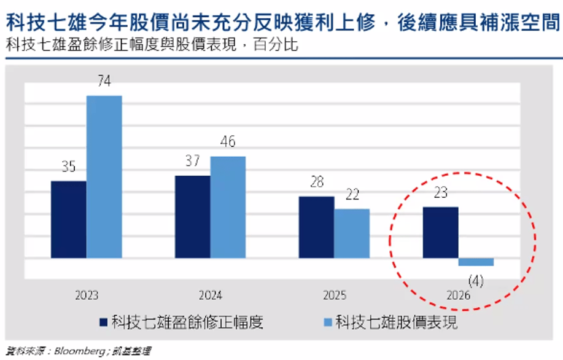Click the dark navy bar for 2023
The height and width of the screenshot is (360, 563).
click(x=69, y=219)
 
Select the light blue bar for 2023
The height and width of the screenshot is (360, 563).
click(x=104, y=177)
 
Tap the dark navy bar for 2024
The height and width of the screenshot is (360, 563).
click(x=193, y=217)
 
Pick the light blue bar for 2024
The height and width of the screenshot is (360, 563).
click(x=228, y=207)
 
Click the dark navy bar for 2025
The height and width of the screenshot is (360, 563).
click(x=317, y=227)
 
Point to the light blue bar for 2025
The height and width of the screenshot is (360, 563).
click(x=352, y=233)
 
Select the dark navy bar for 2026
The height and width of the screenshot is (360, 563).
click(x=441, y=232)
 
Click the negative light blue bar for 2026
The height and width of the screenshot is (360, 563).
click(x=476, y=262)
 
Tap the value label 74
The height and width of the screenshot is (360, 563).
click(x=104, y=81)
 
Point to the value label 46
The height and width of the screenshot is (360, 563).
click(x=228, y=141)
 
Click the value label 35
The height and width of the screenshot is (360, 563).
click(x=69, y=166)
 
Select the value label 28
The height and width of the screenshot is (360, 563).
click(x=317, y=182)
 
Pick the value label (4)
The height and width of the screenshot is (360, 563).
click(x=476, y=281)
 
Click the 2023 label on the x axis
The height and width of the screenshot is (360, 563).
click(x=87, y=295)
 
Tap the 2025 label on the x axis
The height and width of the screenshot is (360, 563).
click(x=335, y=295)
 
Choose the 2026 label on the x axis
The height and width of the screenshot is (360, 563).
click(x=459, y=295)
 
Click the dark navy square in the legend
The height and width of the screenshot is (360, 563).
click(x=103, y=323)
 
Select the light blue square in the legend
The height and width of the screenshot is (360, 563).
click(x=328, y=323)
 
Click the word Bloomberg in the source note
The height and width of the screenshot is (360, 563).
click(x=79, y=351)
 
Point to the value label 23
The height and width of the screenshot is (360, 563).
click(x=441, y=193)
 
